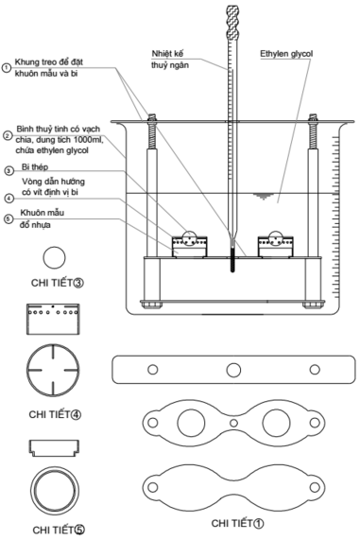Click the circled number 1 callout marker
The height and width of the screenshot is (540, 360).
point(8,67)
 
